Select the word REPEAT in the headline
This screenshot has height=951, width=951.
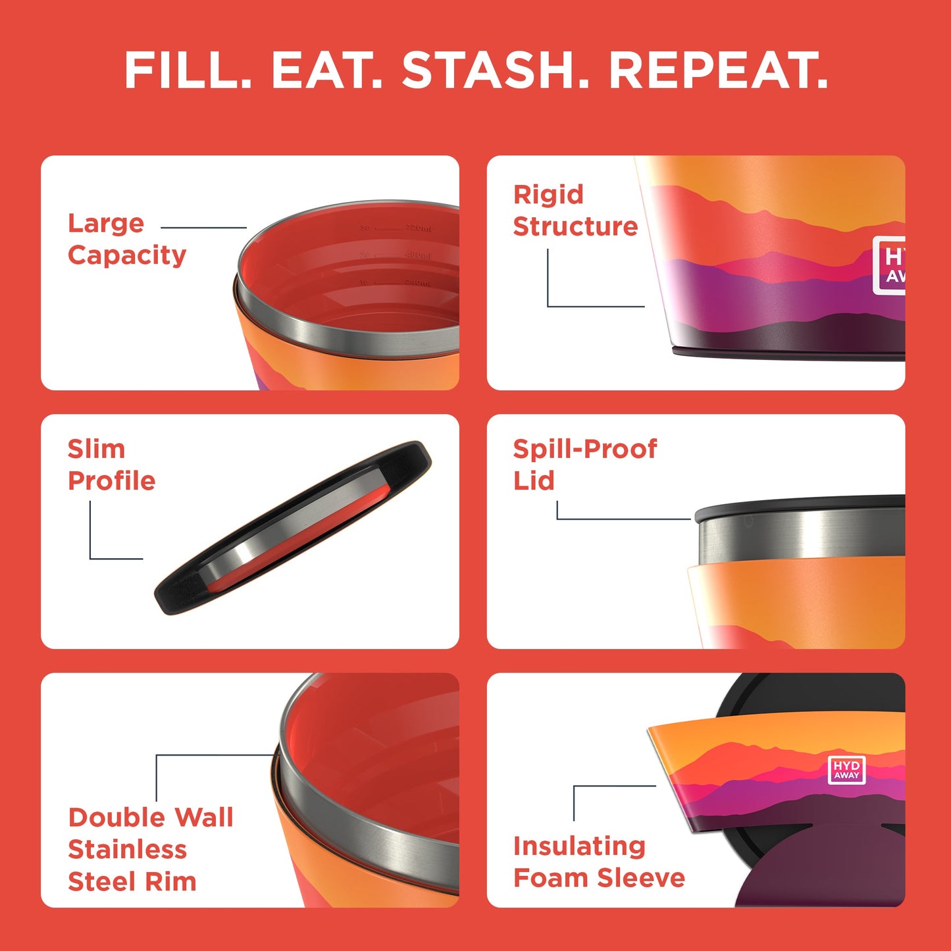click(717, 70)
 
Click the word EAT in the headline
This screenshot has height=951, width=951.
click(326, 70)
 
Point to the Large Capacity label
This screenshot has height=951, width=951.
click(126, 239)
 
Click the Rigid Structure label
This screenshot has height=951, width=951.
click(575, 211)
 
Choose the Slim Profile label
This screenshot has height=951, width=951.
click(111, 465)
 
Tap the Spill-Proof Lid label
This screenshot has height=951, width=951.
click(584, 465)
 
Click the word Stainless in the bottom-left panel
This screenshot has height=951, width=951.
click(127, 850)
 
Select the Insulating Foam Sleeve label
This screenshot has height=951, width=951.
click(598, 861)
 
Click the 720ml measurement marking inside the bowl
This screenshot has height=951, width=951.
click(418, 228)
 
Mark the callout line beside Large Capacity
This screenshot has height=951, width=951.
click(203, 228)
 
